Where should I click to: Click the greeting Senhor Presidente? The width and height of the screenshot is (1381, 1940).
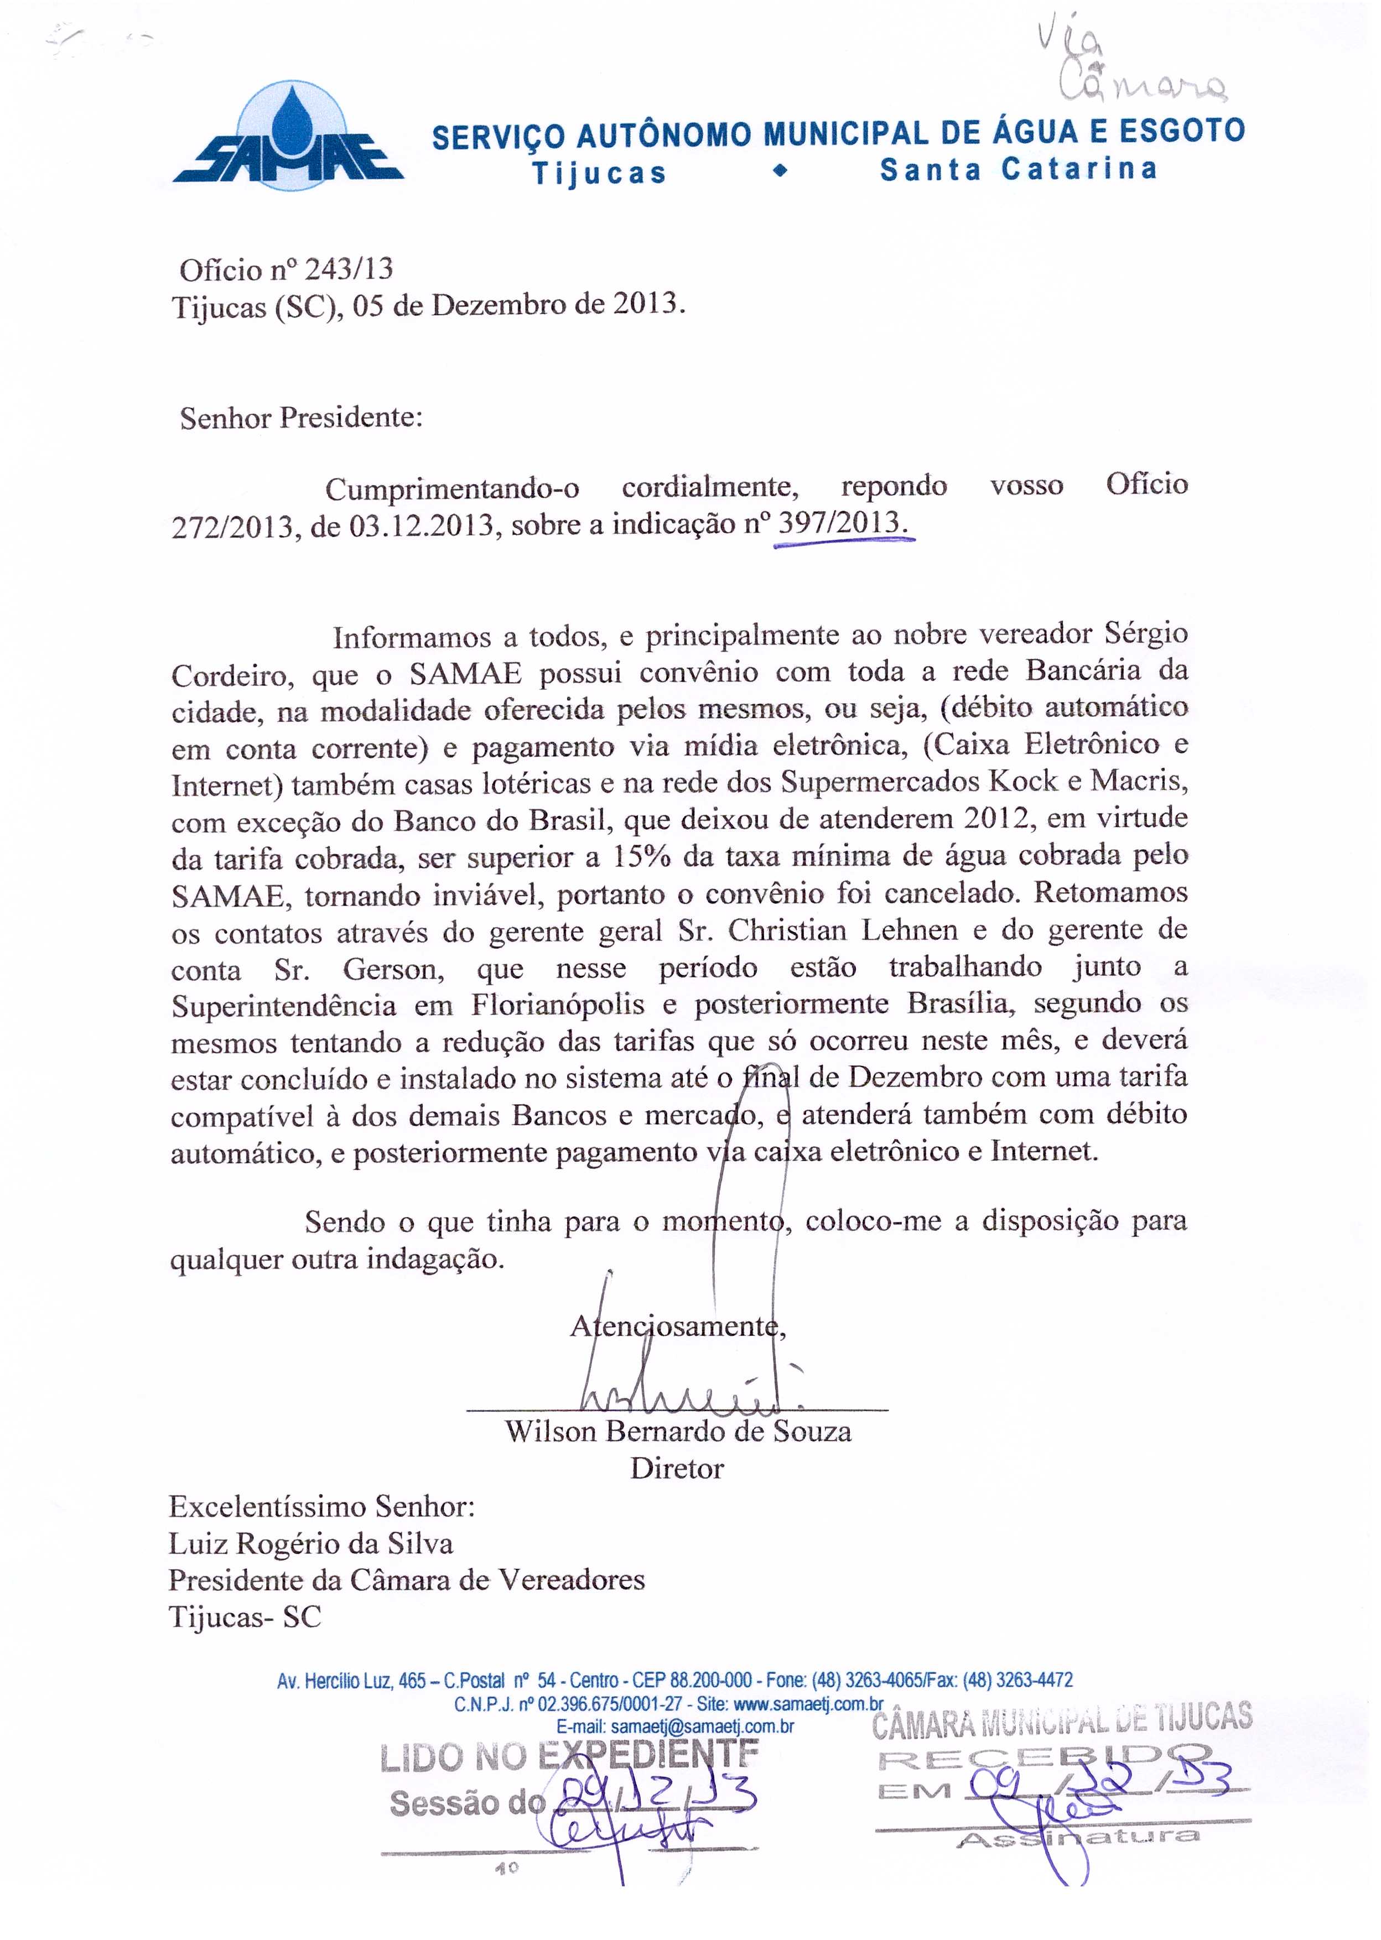300,418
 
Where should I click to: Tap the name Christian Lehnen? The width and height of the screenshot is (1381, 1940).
842,930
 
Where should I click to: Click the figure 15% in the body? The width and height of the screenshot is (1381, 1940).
642,856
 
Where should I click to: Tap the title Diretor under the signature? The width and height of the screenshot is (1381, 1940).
677,1468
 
